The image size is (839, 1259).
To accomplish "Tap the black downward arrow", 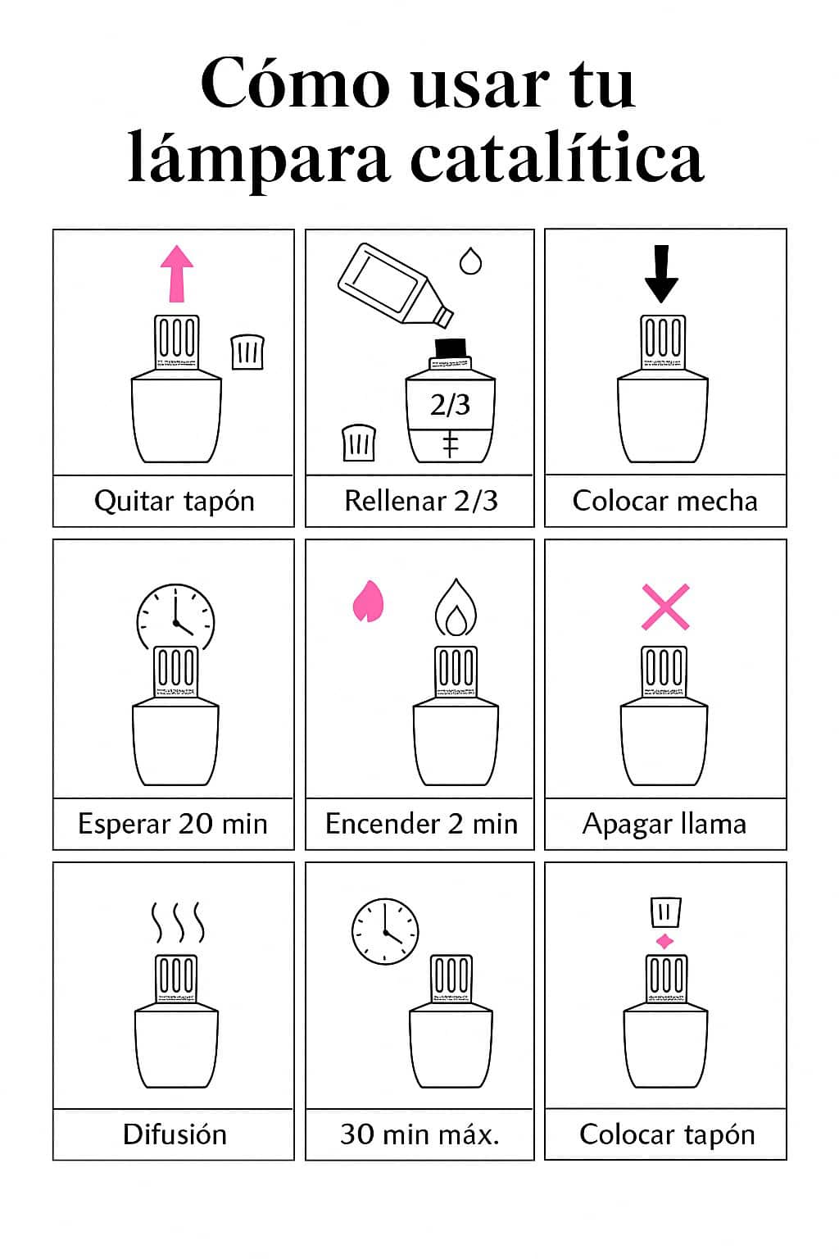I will [661, 274].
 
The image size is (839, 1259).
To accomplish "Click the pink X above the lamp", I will [665, 607].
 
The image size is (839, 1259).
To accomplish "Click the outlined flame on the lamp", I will [455, 609].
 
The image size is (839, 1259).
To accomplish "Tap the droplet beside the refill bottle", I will [470, 261].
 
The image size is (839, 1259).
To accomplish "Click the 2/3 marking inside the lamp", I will [450, 404].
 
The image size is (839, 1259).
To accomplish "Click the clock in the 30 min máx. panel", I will [384, 930].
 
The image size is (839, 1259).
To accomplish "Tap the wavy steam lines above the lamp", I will [177, 923].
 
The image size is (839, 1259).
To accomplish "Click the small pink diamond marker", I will [664, 941].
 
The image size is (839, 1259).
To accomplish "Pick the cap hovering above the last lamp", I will [664, 911].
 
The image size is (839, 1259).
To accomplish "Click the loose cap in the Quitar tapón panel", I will [247, 352].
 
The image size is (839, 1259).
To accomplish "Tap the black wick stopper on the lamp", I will [450, 348].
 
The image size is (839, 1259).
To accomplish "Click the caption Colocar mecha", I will [664, 501].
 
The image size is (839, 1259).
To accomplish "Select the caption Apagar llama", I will [664, 824].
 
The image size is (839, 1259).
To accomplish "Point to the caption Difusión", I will [175, 1134].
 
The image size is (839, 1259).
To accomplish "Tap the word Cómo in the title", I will [295, 83].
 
